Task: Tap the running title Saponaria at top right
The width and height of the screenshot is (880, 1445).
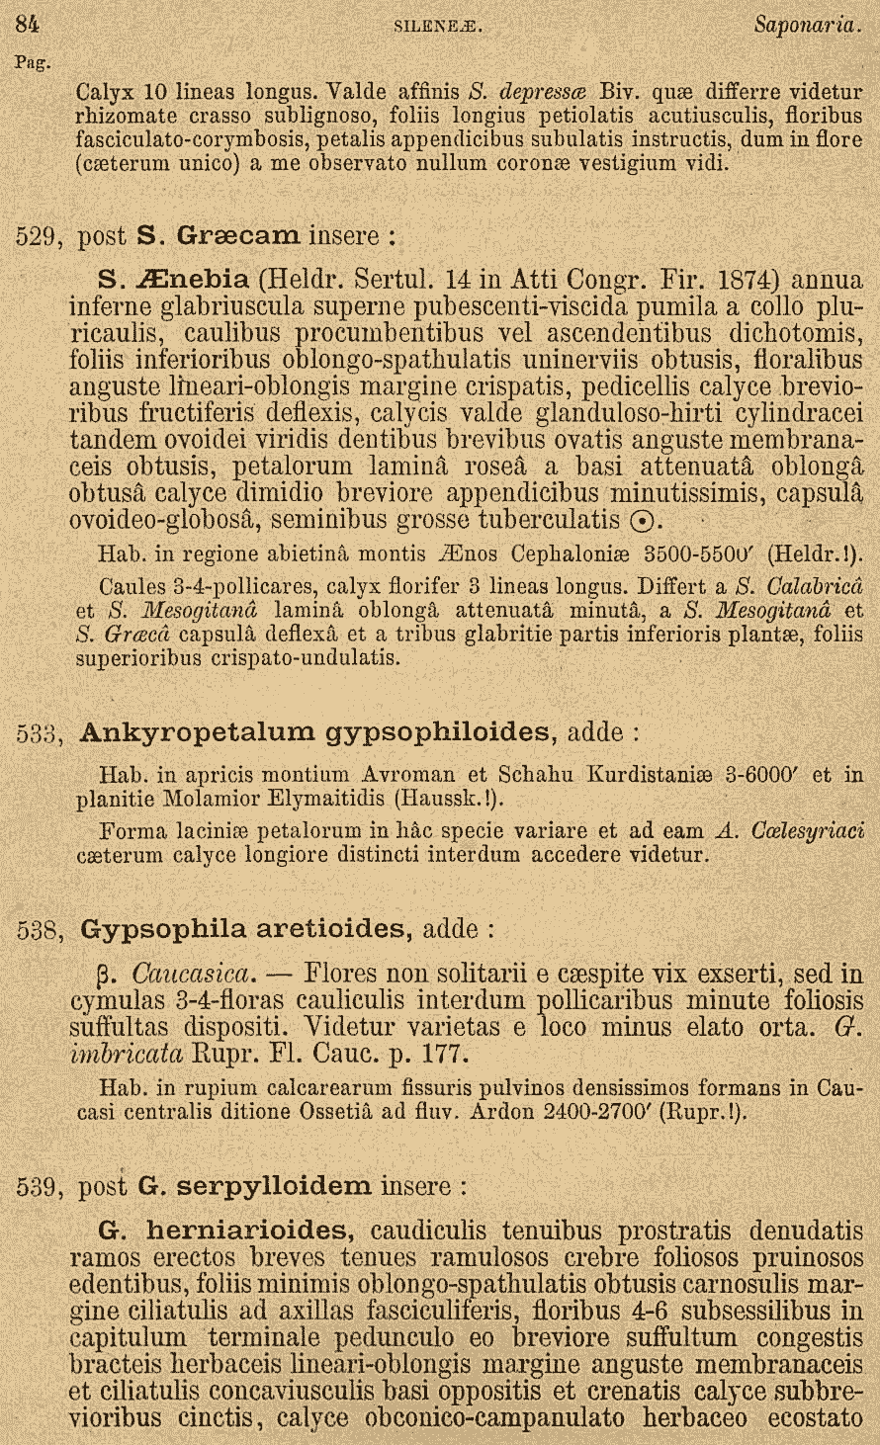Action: tap(808, 24)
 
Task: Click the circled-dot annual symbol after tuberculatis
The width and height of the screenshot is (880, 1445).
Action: tap(641, 521)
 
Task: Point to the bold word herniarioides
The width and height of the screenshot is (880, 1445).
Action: tap(249, 1232)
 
